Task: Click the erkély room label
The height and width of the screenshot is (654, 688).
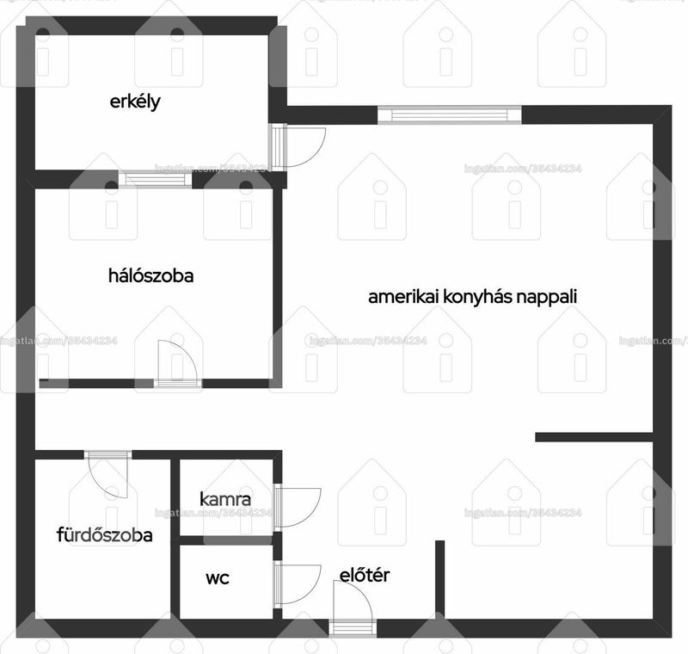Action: [x=135, y=102]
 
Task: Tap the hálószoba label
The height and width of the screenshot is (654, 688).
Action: [x=151, y=275]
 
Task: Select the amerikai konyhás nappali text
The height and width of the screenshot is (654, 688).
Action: [x=472, y=297]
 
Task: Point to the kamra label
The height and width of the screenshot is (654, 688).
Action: [x=225, y=499]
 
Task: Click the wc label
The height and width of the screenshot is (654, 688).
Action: [x=218, y=578]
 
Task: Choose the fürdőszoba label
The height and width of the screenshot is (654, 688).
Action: [x=104, y=535]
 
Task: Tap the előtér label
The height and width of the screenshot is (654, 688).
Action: [x=364, y=575]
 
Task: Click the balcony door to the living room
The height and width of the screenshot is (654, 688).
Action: [x=298, y=147]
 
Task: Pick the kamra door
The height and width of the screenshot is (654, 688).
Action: [x=298, y=507]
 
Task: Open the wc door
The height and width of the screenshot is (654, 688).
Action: [x=298, y=583]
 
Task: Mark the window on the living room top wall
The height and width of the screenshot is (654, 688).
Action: [x=450, y=115]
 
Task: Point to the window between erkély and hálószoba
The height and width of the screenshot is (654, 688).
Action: [x=156, y=179]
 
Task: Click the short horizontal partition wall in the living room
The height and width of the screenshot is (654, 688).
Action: [x=594, y=437]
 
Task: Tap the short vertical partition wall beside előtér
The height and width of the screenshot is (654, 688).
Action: [x=440, y=579]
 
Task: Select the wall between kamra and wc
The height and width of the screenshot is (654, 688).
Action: [x=226, y=540]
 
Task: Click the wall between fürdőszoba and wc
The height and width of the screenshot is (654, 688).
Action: [x=175, y=539]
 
